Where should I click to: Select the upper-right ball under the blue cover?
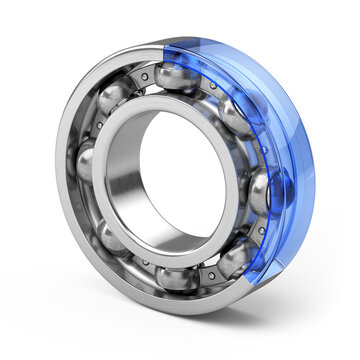click(x=234, y=117)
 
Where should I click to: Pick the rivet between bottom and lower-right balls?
click(x=208, y=276)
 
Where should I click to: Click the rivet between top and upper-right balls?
click(x=209, y=88)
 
